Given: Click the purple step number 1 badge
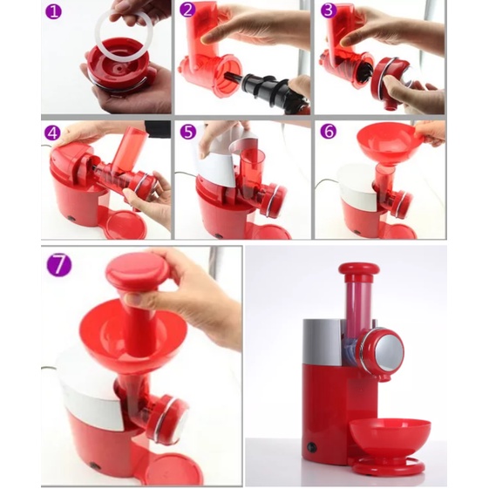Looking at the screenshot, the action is point(53,12).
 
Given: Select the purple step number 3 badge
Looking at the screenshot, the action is point(329,10).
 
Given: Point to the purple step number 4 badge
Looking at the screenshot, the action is point(52,133).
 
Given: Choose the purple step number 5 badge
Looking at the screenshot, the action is point(188,132).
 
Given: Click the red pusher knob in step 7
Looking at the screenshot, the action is point(138,270).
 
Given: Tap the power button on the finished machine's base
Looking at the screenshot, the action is point(311,447).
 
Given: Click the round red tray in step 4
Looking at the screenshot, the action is point(126,225).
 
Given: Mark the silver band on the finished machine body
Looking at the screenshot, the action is point(323,342).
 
